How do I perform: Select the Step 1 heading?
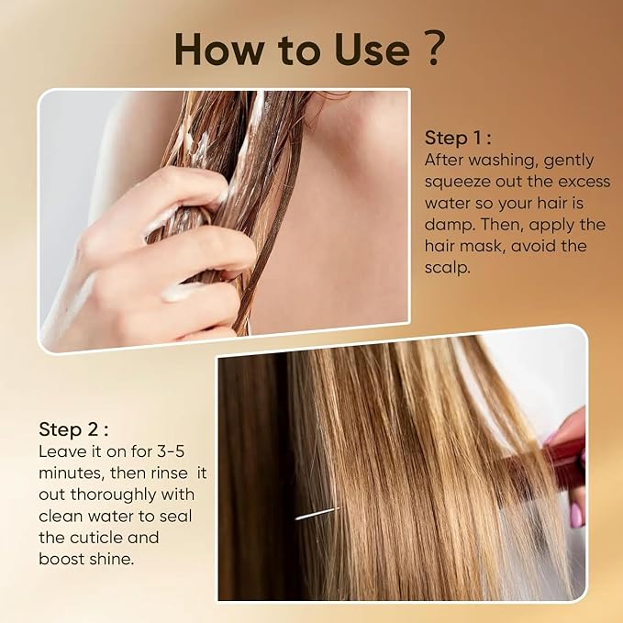[458, 138]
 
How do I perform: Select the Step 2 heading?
[73, 429]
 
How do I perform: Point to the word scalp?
[448, 268]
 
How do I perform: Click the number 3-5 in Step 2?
[171, 451]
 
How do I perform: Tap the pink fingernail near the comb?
[576, 516]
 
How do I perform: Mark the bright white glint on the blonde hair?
[317, 513]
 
